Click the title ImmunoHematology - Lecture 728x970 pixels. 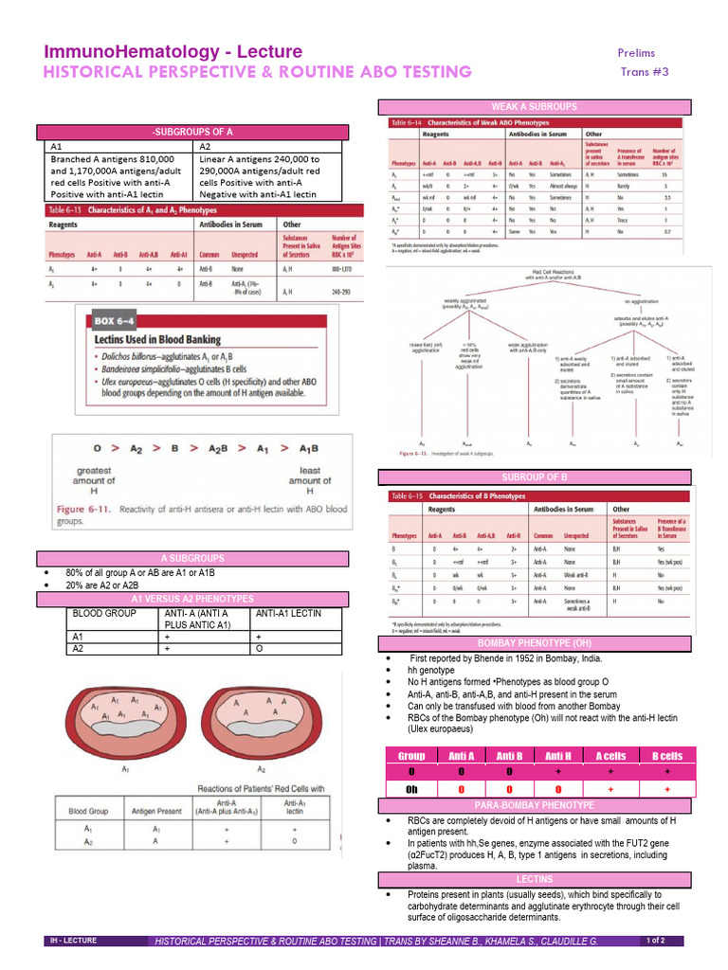[x=173, y=51]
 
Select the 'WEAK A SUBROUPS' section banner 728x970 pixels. [x=530, y=106]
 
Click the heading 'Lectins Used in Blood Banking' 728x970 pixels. [x=156, y=339]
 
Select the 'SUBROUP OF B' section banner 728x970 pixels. [x=531, y=476]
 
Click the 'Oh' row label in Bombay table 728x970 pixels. [x=411, y=788]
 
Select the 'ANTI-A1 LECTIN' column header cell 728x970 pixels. [x=283, y=614]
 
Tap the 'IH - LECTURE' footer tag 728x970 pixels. [x=75, y=941]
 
